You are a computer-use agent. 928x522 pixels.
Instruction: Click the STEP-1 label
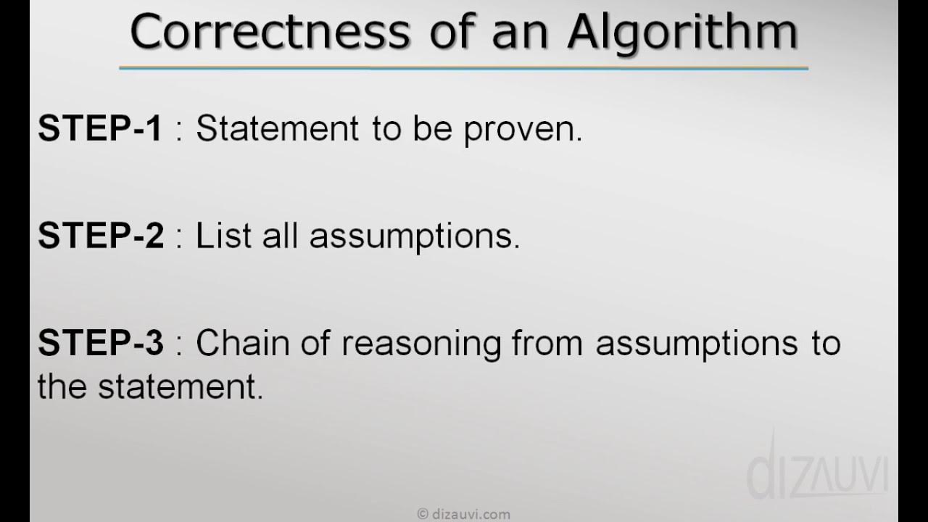[x=101, y=129]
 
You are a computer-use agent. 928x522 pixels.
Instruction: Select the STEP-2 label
[x=101, y=236]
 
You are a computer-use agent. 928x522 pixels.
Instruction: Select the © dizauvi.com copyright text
[x=464, y=514]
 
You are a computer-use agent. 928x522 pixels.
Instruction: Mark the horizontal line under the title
[x=464, y=69]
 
